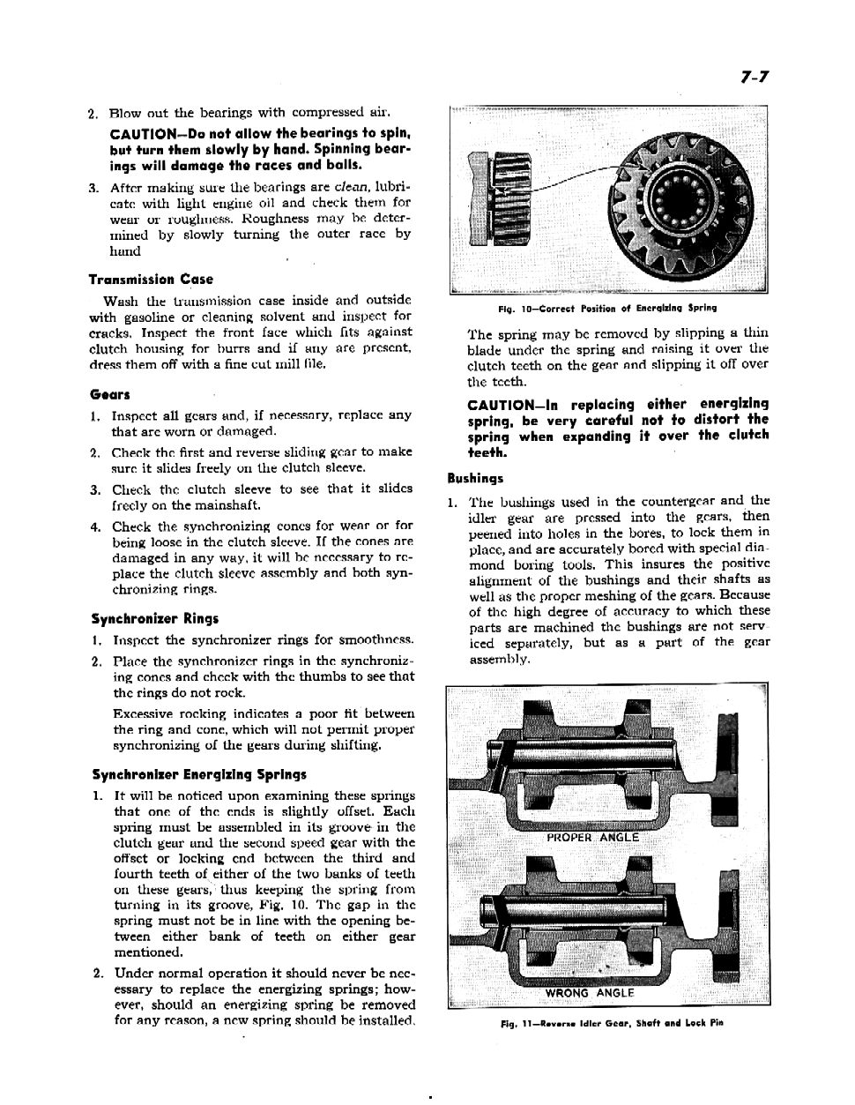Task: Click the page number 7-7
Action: (755, 77)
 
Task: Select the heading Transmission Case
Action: (150, 280)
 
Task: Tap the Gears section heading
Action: (109, 394)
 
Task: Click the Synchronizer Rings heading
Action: (155, 618)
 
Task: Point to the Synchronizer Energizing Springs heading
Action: (199, 775)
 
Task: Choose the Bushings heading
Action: (475, 478)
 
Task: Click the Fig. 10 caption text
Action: (606, 308)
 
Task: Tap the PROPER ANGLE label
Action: (592, 837)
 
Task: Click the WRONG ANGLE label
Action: (590, 993)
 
